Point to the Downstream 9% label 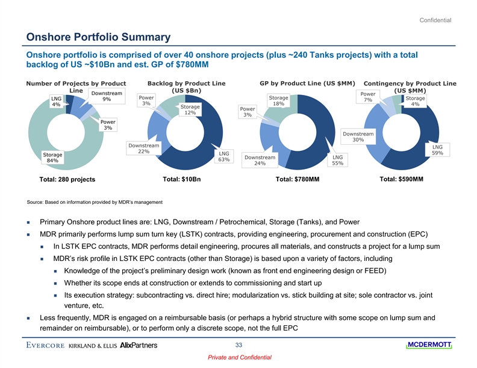(x=107, y=96)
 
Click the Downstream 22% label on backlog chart (x=143, y=149)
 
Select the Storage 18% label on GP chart (x=278, y=100)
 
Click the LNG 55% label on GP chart (x=338, y=160)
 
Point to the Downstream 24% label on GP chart (x=260, y=160)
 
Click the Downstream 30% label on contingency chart (x=358, y=136)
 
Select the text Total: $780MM (x=298, y=179)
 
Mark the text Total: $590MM (x=402, y=179)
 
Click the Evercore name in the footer (x=46, y=345)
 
